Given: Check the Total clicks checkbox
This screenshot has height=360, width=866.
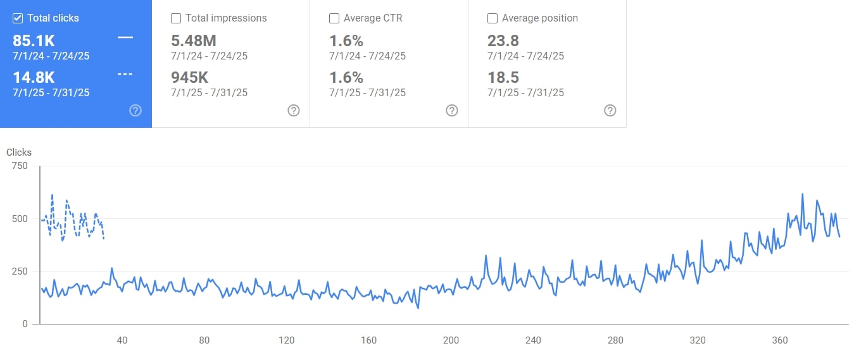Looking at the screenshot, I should [18, 18].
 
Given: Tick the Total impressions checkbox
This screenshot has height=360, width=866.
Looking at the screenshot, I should [176, 18].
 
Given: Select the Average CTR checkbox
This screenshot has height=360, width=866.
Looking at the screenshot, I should [334, 18].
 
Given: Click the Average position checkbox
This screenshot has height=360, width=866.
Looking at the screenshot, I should [493, 18].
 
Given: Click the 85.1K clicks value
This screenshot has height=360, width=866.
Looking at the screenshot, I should [34, 41].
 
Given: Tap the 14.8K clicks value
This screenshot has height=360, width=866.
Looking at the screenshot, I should [34, 78].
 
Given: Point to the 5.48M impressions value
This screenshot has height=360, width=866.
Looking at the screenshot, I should [194, 41].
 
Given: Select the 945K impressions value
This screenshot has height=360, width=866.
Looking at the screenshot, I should [190, 78].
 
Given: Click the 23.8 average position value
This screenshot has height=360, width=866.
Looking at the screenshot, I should [503, 41].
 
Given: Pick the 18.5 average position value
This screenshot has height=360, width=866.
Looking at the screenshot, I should [503, 78].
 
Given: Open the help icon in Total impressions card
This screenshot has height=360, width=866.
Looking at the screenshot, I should [294, 111].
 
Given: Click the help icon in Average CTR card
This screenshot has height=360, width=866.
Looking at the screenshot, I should [452, 111].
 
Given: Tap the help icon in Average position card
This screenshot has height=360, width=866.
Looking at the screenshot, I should [610, 111].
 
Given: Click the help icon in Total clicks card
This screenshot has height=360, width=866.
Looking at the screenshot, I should [135, 111].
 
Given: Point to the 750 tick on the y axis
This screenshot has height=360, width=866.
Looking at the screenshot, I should [20, 166].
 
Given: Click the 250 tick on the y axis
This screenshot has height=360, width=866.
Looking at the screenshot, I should [20, 271].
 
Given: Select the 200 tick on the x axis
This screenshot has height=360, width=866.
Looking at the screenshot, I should [451, 340].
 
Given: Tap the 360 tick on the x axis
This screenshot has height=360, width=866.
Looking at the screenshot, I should [780, 340].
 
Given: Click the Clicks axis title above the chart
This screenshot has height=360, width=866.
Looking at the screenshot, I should [19, 152].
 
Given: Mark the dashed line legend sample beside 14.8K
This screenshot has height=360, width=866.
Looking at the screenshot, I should [125, 74].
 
